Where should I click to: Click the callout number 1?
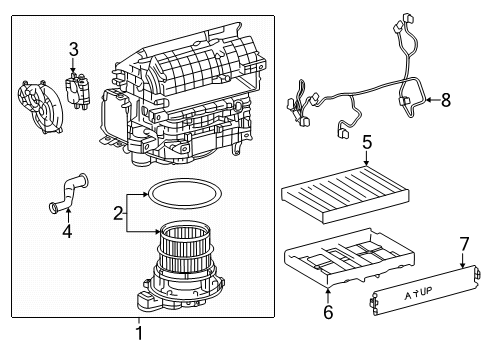(139, 333)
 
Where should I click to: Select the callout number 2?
(119, 212)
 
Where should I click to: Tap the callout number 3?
(73, 49)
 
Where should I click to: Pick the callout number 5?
(367, 141)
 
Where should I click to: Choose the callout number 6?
(329, 311)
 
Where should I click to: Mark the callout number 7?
(463, 242)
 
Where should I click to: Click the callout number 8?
(446, 99)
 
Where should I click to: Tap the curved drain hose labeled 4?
(68, 192)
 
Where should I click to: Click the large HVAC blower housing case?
(190, 100)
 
